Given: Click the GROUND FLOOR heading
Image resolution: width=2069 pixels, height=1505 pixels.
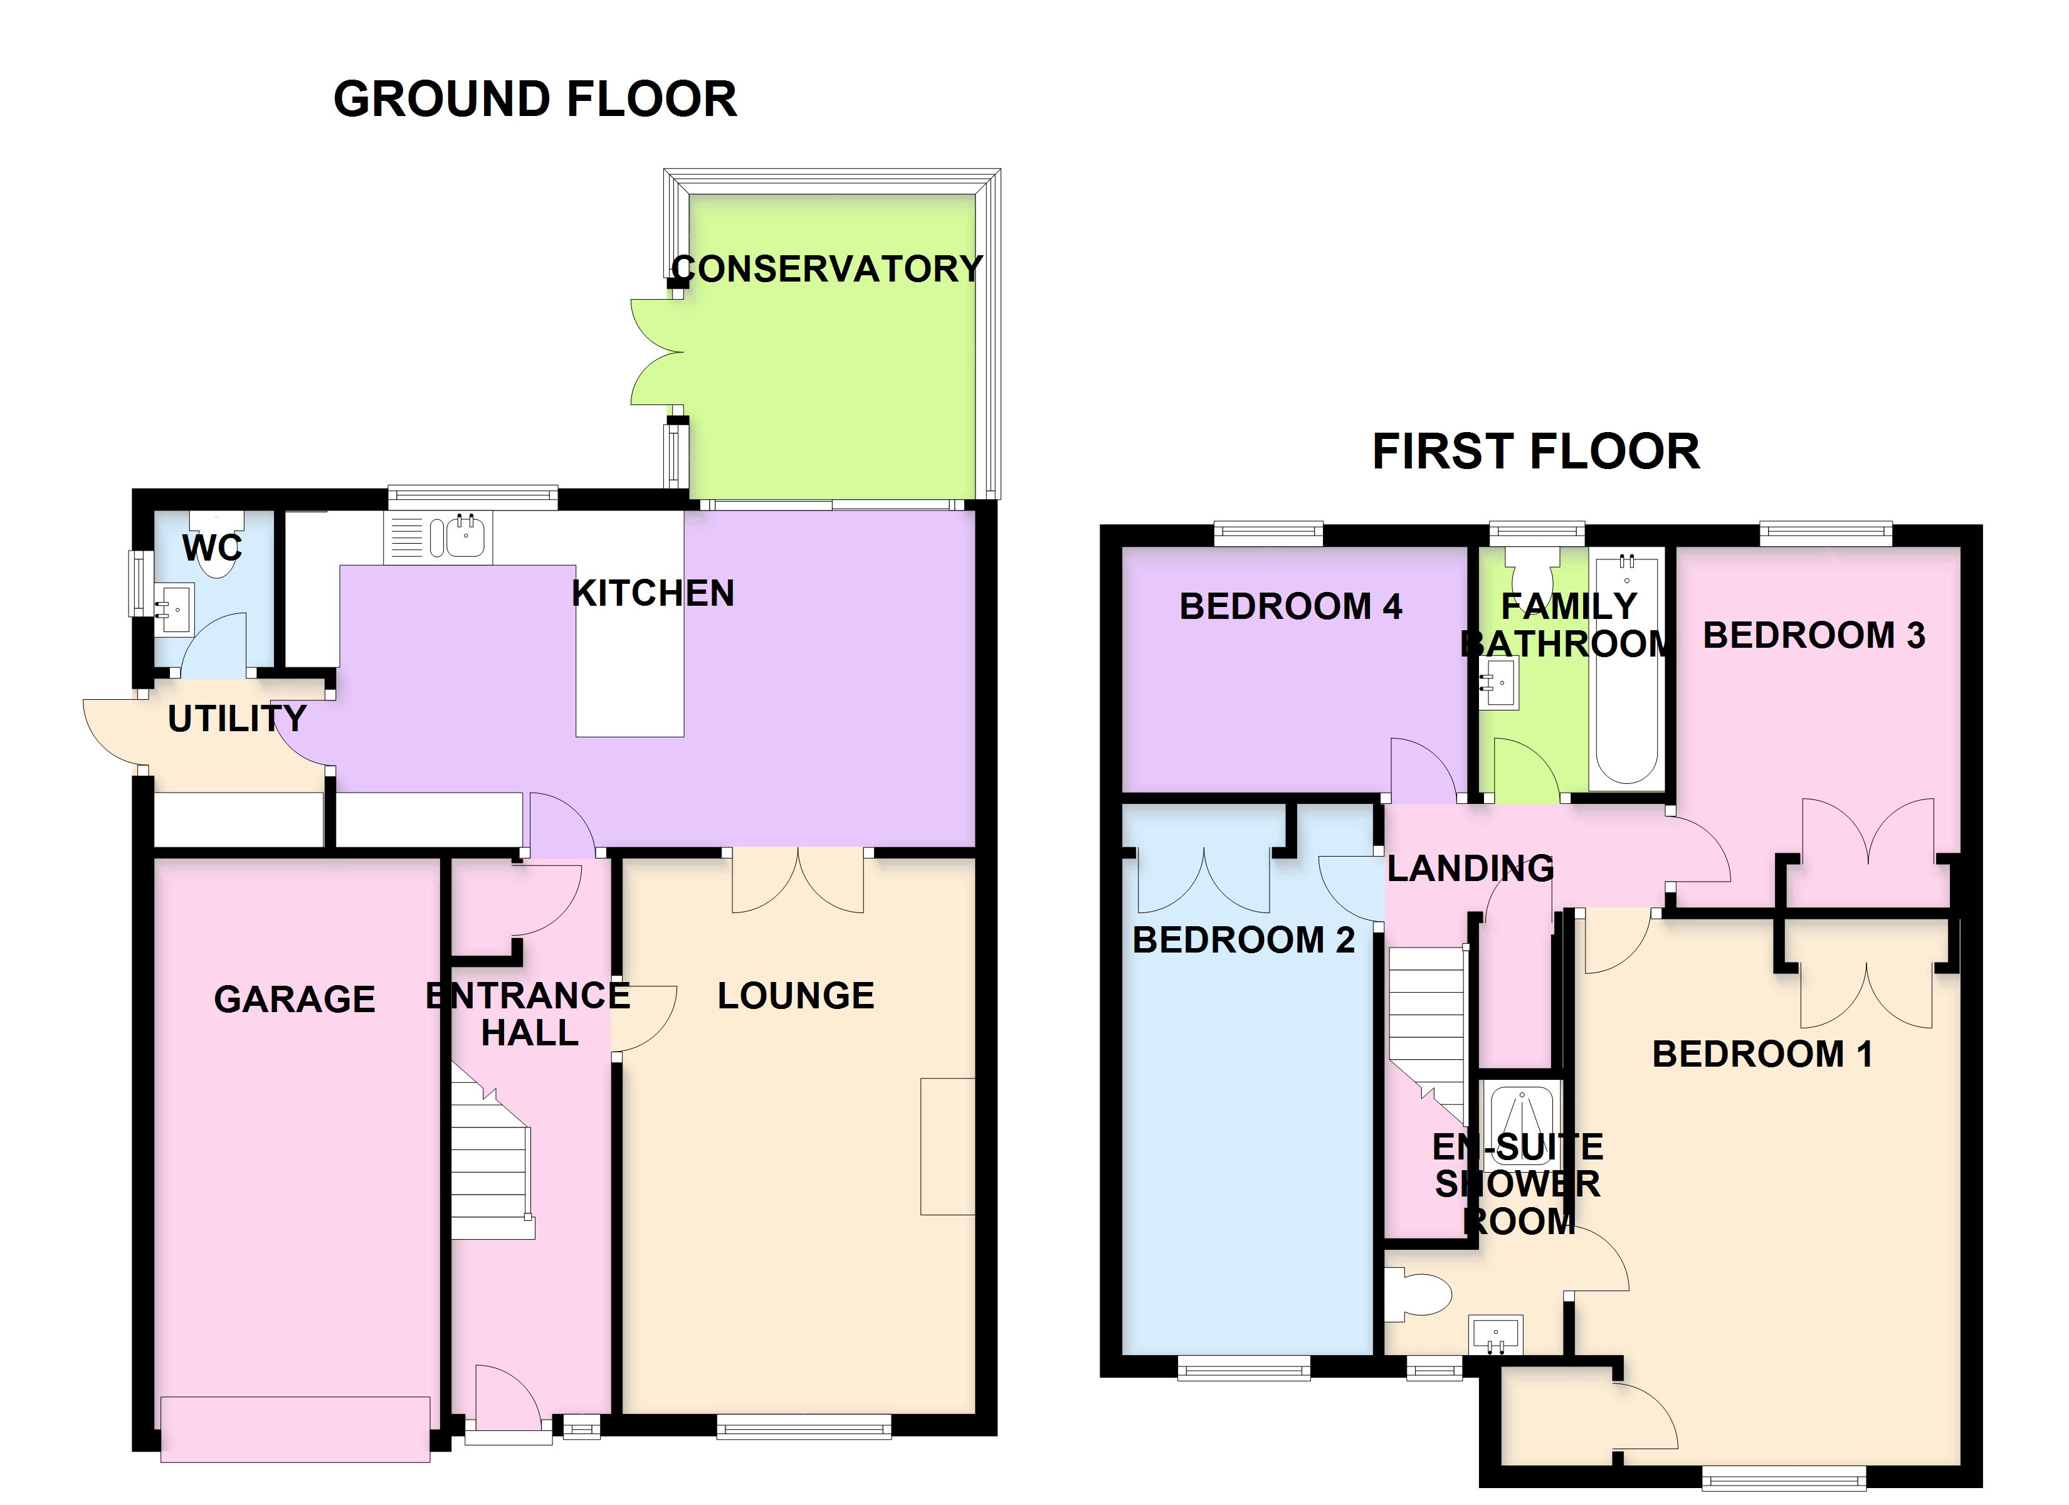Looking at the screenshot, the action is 535,98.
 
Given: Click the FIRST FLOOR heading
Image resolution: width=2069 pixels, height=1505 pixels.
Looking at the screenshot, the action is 1536,451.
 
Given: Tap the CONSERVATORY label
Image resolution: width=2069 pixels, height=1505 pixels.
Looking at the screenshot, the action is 828,268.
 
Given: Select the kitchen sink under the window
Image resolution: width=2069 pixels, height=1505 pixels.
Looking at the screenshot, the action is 439,537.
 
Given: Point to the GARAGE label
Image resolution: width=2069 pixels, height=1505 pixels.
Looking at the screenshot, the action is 295,1000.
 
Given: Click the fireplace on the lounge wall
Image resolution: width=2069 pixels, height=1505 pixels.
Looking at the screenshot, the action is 948,1146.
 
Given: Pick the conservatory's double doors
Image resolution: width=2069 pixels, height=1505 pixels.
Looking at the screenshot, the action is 658,352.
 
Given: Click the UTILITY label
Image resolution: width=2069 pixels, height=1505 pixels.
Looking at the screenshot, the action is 237,719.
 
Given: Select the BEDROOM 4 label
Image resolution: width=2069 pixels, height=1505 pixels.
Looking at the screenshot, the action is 1291,606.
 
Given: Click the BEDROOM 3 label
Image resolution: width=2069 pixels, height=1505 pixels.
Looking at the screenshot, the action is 1814,635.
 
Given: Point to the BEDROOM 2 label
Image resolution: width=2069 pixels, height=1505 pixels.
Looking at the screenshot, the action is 1243,940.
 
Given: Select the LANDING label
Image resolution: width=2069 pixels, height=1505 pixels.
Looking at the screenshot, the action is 1471,868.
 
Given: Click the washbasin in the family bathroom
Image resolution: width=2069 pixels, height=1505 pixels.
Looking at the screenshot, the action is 1498,683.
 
